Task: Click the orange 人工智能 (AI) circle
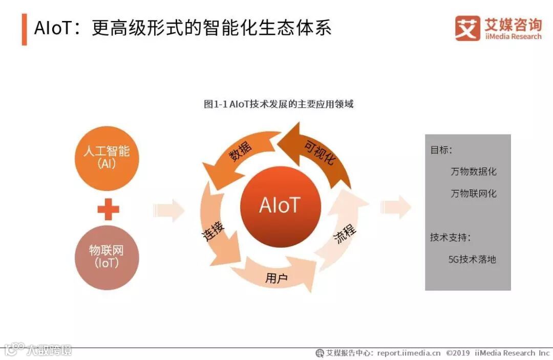click(107, 157)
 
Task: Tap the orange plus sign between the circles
click(108, 209)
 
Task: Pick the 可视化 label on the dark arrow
click(320, 152)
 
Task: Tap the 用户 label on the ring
click(276, 278)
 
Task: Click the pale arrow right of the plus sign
click(169, 209)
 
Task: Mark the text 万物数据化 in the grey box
click(473, 172)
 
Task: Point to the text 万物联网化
click(473, 194)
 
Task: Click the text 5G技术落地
click(472, 259)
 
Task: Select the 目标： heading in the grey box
click(441, 150)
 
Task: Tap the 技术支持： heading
click(450, 238)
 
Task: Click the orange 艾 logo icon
click(467, 28)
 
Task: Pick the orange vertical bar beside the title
click(24, 29)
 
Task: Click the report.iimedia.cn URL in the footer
click(409, 353)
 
